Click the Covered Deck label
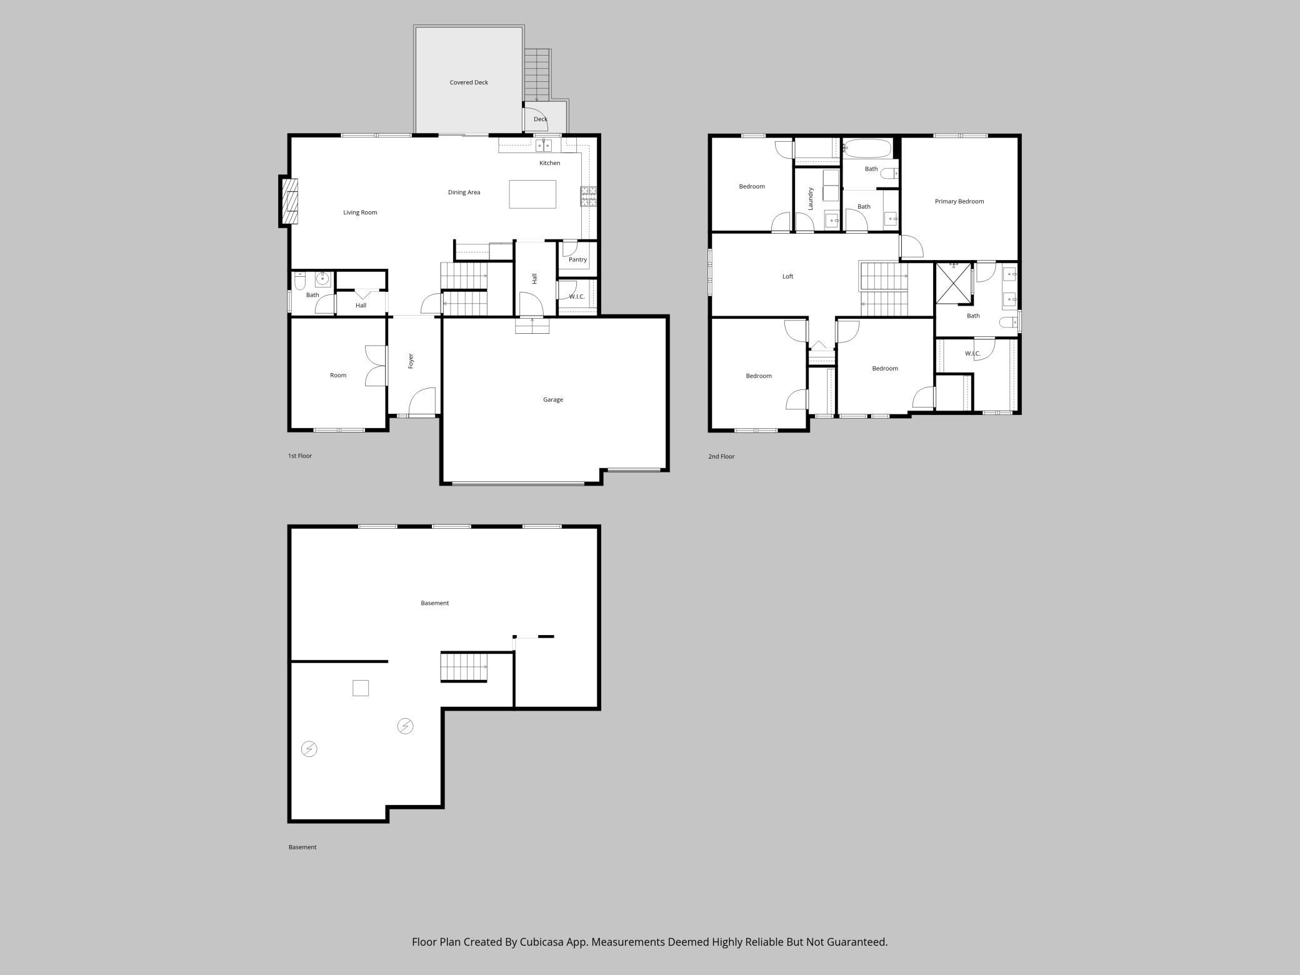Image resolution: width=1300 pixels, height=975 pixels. (x=469, y=82)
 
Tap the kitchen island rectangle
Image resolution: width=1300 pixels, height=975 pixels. (x=532, y=194)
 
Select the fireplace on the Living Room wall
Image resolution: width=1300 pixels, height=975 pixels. (x=289, y=201)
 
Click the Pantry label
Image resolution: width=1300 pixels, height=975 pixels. (x=577, y=259)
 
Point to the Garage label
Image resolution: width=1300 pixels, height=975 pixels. (x=552, y=399)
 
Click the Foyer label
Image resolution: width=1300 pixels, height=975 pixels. (x=411, y=361)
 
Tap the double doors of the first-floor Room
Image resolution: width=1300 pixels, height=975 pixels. (x=376, y=366)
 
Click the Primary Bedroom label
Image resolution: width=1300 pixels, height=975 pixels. (x=959, y=201)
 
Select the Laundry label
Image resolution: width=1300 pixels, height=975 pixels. (x=810, y=198)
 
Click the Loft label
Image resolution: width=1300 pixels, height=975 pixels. (x=787, y=276)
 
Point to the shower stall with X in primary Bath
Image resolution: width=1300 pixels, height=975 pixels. (x=953, y=283)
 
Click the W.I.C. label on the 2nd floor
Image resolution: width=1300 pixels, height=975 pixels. (x=972, y=354)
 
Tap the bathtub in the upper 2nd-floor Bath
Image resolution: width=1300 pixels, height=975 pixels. (x=867, y=149)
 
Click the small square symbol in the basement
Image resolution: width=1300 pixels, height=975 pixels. (x=361, y=688)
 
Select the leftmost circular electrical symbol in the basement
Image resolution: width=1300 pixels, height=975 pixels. (x=309, y=749)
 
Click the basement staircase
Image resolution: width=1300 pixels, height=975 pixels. (x=464, y=667)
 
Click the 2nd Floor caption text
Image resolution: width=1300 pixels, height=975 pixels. (x=721, y=457)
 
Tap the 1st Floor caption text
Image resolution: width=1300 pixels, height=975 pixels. (x=299, y=456)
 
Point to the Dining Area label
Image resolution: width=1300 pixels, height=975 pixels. (x=464, y=192)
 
